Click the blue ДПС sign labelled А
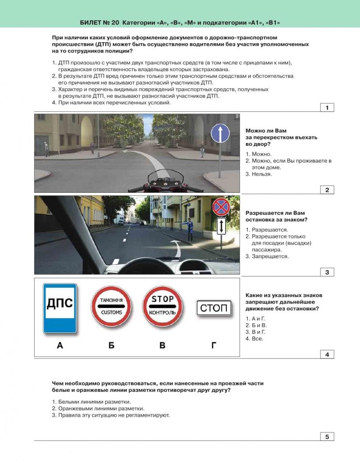click(59, 308)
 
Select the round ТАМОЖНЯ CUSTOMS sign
click(111, 306)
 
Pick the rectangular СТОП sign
click(214, 309)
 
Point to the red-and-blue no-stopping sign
click(221, 206)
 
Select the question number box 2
click(327, 190)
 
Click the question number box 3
click(327, 272)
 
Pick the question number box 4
click(327, 354)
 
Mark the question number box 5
click(327, 436)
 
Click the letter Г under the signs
click(214, 345)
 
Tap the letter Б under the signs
click(111, 345)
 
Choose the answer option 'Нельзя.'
click(261, 174)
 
